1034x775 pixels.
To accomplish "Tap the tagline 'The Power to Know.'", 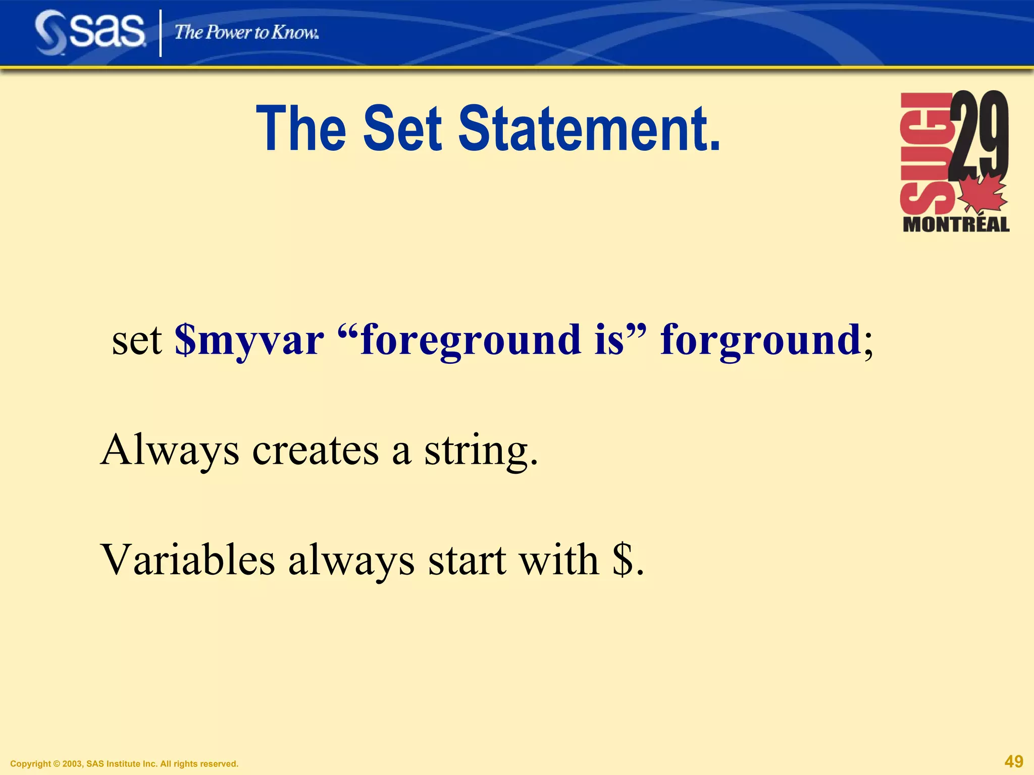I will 246,33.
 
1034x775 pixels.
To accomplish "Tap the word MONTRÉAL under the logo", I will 956,225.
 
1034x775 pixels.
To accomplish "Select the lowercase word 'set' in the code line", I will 136,341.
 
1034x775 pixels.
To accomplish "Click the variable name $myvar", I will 249,341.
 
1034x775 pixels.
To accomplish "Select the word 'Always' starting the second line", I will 170,451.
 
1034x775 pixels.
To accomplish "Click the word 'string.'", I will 481,451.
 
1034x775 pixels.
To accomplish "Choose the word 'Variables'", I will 188,560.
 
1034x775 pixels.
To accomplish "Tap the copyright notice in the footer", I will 124,764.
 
